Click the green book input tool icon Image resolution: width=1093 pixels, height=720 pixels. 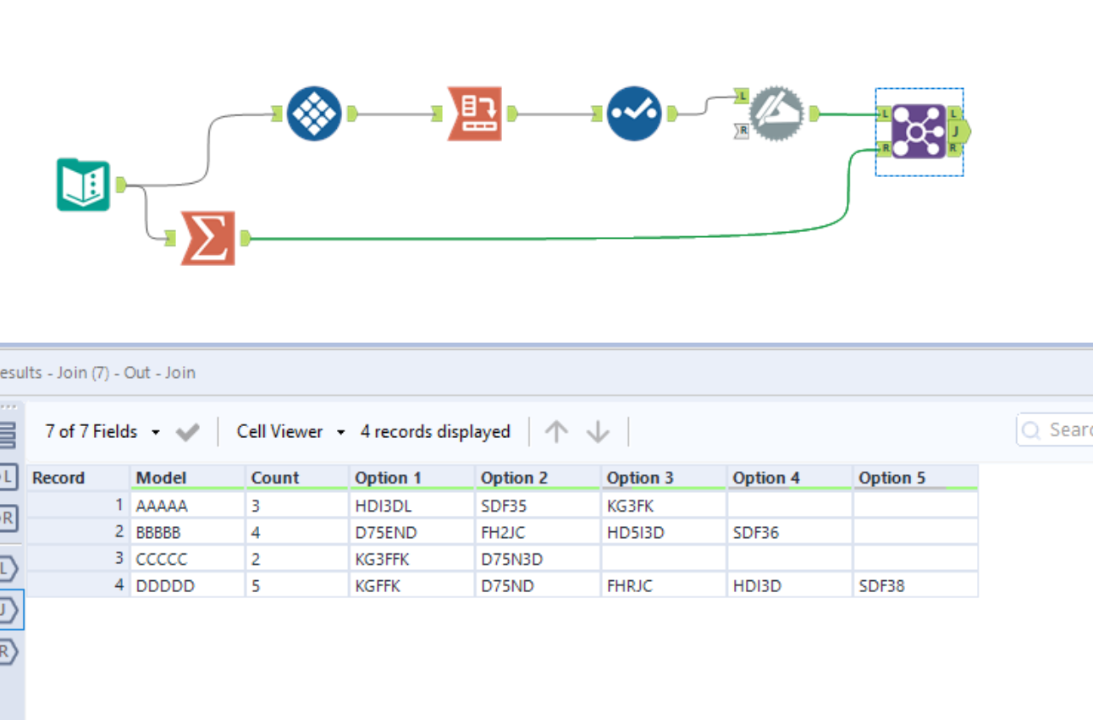tap(84, 185)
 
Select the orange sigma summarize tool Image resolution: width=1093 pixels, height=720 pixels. tap(207, 238)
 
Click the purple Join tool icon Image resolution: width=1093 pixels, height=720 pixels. tap(919, 131)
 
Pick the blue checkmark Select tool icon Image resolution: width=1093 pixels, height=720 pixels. tap(634, 114)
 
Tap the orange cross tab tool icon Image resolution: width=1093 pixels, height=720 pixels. tap(474, 114)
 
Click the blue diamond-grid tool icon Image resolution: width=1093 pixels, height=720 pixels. tap(314, 114)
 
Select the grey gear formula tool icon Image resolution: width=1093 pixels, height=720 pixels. tap(776, 114)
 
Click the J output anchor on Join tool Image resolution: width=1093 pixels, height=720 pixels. tap(958, 131)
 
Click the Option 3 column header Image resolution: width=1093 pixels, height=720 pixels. tap(640, 478)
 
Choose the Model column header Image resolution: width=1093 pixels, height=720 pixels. tap(161, 478)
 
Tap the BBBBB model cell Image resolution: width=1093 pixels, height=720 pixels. tap(158, 533)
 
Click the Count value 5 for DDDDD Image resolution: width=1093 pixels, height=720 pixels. tap(257, 585)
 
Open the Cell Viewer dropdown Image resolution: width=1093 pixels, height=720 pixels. tap(290, 432)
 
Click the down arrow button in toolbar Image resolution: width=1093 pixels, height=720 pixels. tap(598, 432)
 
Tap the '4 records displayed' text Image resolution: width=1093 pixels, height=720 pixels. tap(435, 432)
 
